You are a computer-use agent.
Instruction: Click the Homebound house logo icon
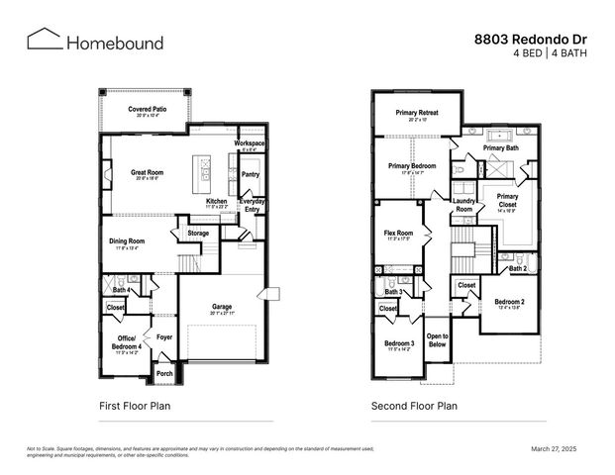[x=43, y=39]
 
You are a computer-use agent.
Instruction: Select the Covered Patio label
[x=147, y=109]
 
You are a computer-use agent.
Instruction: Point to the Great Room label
[x=147, y=172]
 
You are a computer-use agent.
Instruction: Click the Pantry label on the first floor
[x=251, y=174]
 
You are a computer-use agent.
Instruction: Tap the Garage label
[x=221, y=307]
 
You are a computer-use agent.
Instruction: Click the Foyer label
[x=163, y=336]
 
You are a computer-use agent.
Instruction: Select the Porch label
[x=164, y=374]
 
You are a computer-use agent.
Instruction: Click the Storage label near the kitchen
[x=198, y=234]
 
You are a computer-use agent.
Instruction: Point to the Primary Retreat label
[x=417, y=113]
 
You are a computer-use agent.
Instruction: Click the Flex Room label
[x=398, y=234]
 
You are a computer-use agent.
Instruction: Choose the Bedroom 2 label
[x=509, y=301]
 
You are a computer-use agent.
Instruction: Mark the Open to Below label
[x=437, y=340]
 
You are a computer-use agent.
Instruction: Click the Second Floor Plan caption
[x=414, y=406]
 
